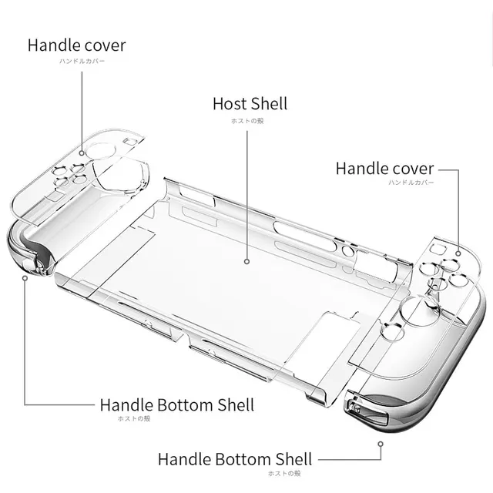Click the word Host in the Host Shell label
[230, 103]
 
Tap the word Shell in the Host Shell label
[268, 103]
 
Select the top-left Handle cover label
[76, 45]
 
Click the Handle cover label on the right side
[384, 168]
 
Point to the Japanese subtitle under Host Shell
[248, 121]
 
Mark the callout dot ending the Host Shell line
[248, 263]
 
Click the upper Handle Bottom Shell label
[176, 404]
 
